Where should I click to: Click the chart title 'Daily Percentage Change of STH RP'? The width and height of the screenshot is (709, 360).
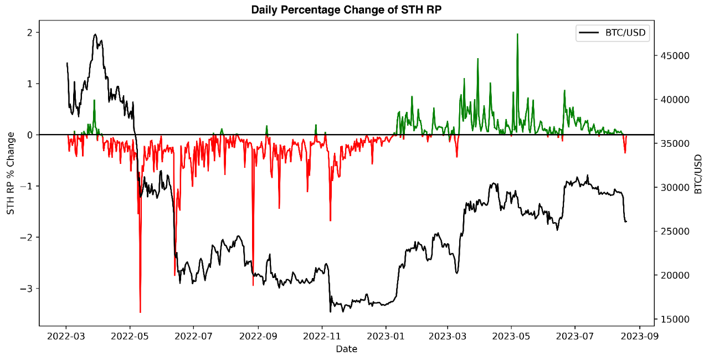pyautogui.click(x=347, y=10)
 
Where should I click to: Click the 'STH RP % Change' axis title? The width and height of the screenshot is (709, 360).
pyautogui.click(x=11, y=173)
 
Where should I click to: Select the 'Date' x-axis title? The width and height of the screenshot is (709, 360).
pyautogui.click(x=347, y=349)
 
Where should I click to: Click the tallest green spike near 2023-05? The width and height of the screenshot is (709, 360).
pyautogui.click(x=517, y=34)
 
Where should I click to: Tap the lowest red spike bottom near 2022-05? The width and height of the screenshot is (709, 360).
pyautogui.click(x=140, y=312)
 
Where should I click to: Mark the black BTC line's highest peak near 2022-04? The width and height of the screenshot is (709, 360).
pyautogui.click(x=95, y=34)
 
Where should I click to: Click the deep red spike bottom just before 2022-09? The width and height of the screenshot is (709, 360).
pyautogui.click(x=253, y=285)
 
